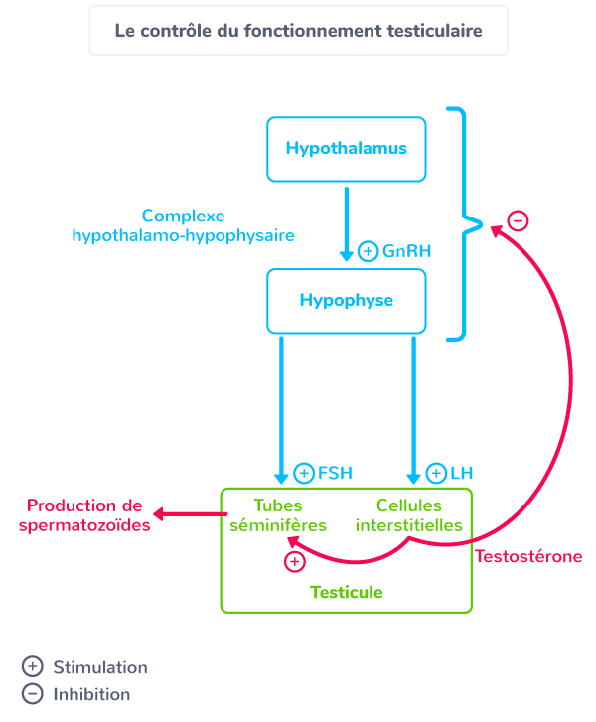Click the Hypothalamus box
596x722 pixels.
pyautogui.click(x=347, y=149)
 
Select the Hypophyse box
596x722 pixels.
pyautogui.click(x=347, y=300)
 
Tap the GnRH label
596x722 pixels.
pyautogui.click(x=407, y=252)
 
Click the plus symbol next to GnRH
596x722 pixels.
pyautogui.click(x=368, y=252)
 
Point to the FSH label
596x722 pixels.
pyautogui.click(x=336, y=473)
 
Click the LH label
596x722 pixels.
pyautogui.click(x=462, y=473)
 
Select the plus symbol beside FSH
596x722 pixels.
pyautogui.click(x=304, y=473)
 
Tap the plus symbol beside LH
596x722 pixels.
pyautogui.click(x=436, y=473)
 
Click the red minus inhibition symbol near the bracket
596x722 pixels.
pyautogui.click(x=519, y=220)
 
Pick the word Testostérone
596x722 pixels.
pyautogui.click(x=528, y=556)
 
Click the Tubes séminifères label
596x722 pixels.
pyautogui.click(x=278, y=515)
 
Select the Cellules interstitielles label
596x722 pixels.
pyautogui.click(x=409, y=515)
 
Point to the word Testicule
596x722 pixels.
pyautogui.click(x=347, y=592)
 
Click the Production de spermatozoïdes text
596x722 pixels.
pyautogui.click(x=84, y=514)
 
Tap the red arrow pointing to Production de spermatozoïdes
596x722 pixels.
pyautogui.click(x=189, y=514)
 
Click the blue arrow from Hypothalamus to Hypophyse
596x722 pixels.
pyautogui.click(x=347, y=223)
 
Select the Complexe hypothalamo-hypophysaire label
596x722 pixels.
pyautogui.click(x=183, y=225)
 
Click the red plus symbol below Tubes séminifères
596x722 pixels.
pyautogui.click(x=294, y=563)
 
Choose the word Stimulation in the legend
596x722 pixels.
pyautogui.click(x=100, y=667)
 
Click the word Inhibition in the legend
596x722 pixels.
pyautogui.click(x=91, y=694)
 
